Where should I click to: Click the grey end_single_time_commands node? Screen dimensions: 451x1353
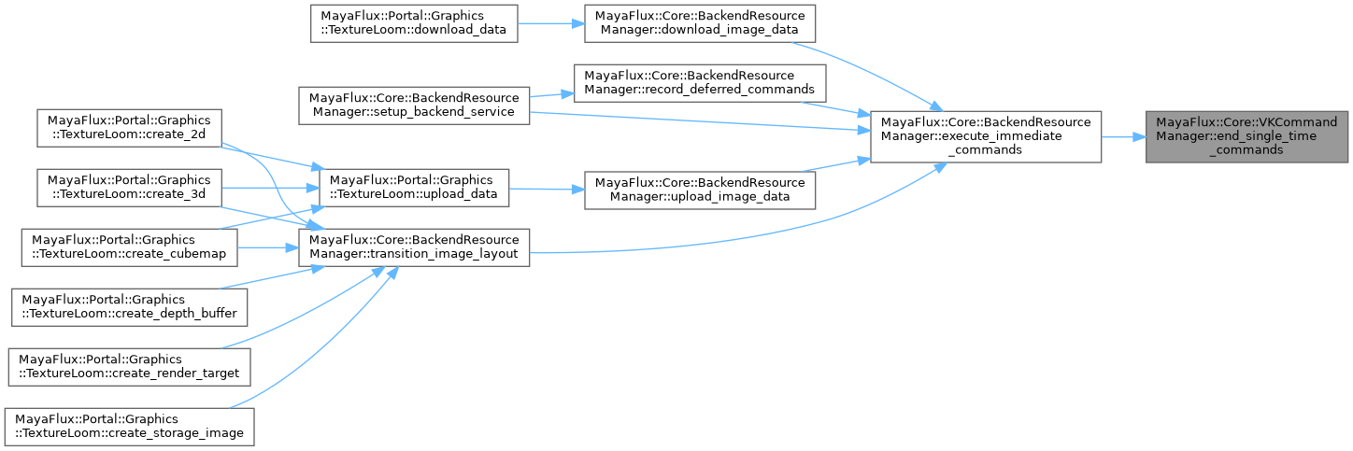[1247, 136]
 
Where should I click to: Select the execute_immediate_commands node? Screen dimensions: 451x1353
[986, 136]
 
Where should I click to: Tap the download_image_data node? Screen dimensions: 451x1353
[700, 22]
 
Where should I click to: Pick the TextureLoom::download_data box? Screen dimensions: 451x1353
[414, 22]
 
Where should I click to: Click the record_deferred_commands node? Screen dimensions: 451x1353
[700, 82]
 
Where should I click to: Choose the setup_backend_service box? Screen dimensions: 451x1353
[414, 105]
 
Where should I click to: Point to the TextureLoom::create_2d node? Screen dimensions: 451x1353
[129, 128]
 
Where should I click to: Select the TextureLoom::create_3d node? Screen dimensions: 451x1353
[129, 187]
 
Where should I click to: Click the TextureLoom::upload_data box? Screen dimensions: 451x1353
[414, 187]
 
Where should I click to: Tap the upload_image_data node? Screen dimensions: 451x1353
[700, 189]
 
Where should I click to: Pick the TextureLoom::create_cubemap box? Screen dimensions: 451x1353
[129, 247]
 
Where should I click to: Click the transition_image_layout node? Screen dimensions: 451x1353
[414, 247]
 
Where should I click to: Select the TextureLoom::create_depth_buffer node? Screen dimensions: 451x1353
[129, 306]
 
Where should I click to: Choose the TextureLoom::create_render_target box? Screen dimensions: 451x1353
[129, 366]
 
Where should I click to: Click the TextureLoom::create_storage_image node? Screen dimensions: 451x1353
[129, 426]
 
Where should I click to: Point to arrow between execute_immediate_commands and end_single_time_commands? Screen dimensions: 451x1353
[1124, 136]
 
